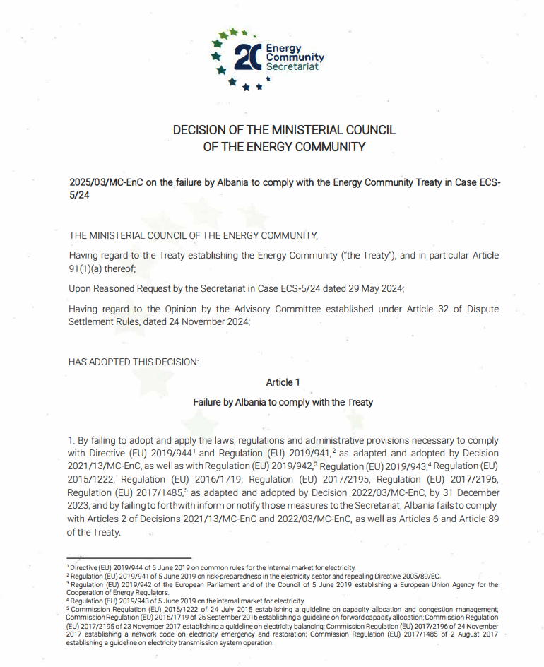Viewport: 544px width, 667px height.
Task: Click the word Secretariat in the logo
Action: click(292, 66)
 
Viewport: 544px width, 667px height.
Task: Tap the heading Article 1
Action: click(283, 382)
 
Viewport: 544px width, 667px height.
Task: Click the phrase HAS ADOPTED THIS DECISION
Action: click(134, 362)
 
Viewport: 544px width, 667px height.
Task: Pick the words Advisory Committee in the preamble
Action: click(279, 309)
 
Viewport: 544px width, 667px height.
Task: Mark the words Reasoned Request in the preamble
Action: click(133, 288)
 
